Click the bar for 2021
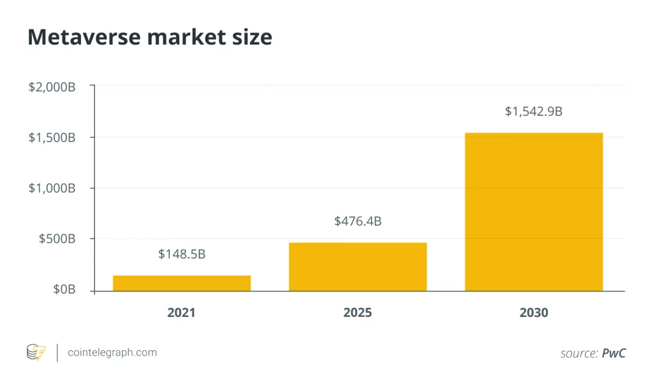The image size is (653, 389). [182, 283]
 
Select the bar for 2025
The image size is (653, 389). [358, 267]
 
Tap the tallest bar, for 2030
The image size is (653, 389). [534, 212]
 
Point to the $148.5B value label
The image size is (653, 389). [182, 254]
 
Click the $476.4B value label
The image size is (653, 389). [358, 221]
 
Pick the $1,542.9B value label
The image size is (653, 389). [534, 112]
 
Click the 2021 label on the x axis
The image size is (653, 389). [182, 313]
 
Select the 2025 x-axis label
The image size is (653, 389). [358, 313]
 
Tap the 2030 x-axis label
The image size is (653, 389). [534, 313]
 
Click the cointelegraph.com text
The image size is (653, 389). [112, 352]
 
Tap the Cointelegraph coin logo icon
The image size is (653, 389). [36, 352]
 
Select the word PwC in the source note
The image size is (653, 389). [614, 353]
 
